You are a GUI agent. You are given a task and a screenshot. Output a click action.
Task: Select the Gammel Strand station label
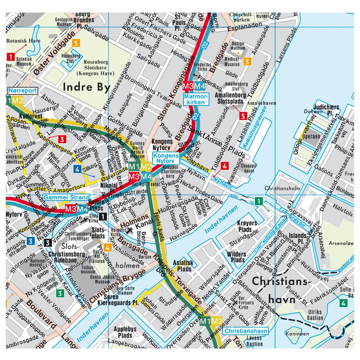click(x=66, y=197)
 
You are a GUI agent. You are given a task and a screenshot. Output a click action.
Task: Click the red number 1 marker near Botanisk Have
click(x=11, y=56)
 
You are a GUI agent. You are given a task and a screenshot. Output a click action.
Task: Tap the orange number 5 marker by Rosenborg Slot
click(x=76, y=43)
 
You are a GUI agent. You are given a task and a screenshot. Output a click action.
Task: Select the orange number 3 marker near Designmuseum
click(x=247, y=61)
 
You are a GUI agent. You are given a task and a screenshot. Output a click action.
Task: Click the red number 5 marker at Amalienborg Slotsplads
click(x=243, y=116)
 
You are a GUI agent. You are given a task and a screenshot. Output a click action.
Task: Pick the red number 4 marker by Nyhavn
click(x=225, y=166)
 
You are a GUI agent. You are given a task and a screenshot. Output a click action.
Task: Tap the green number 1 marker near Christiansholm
click(x=258, y=201)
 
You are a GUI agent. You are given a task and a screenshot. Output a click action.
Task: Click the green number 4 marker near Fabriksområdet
click(x=343, y=303)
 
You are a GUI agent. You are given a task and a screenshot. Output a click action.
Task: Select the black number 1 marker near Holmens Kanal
click(x=103, y=216)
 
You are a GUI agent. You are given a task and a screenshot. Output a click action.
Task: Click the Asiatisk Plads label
click(x=183, y=266)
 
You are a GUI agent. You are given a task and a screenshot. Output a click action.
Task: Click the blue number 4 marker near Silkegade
click(x=77, y=169)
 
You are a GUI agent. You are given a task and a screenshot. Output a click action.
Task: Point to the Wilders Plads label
click(x=237, y=257)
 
